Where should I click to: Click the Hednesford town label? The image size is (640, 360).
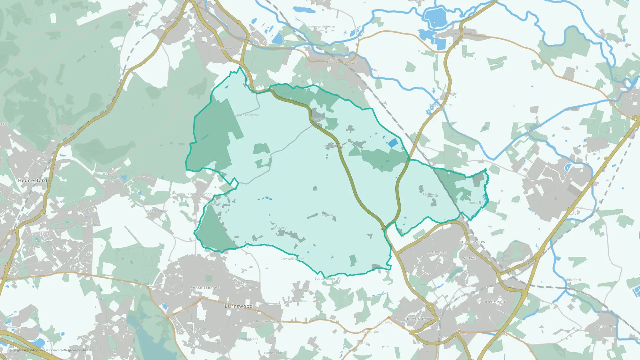(32, 180)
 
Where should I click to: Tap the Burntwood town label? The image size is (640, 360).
(238, 306)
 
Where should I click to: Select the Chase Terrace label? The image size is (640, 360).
(205, 288)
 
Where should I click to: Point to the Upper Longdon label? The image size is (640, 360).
(246, 115)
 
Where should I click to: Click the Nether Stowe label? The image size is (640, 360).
(473, 242)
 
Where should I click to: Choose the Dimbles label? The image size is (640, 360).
(438, 252)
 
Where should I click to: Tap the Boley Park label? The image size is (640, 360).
(495, 302)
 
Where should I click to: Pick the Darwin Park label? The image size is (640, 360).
(419, 319)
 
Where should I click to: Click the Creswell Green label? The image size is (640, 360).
(292, 259)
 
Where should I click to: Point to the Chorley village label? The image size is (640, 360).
(281, 228)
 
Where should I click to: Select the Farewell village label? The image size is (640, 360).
(326, 215)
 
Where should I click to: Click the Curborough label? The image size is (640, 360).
(474, 203)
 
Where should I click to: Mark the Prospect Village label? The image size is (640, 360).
(155, 211)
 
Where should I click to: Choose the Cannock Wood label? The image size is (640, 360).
(200, 194)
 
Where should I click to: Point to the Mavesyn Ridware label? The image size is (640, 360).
(321, 27)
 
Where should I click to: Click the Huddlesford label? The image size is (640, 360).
(571, 280)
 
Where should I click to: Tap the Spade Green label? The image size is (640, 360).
(324, 278)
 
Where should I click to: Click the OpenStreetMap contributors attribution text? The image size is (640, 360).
(68, 350)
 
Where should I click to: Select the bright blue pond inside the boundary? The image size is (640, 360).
(393, 143)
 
